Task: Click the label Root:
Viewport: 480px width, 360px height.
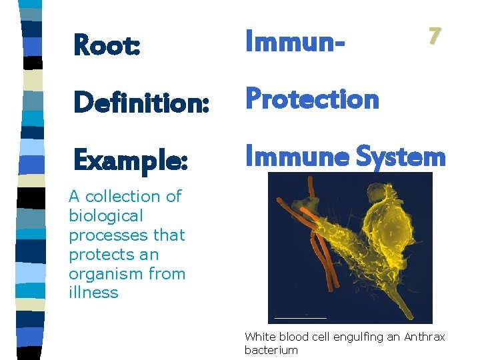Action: click(x=107, y=45)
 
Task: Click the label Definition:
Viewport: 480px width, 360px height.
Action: click(x=141, y=103)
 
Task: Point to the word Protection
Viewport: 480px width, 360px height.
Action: click(x=313, y=99)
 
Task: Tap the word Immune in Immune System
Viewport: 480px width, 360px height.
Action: click(x=297, y=157)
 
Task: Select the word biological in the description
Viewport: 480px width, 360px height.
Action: click(x=106, y=216)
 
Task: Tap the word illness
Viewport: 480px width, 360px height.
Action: click(x=93, y=293)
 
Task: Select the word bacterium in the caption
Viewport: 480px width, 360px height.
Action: click(x=271, y=350)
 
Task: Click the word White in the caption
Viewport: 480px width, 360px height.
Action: click(x=259, y=337)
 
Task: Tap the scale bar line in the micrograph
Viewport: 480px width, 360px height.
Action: click(x=301, y=317)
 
